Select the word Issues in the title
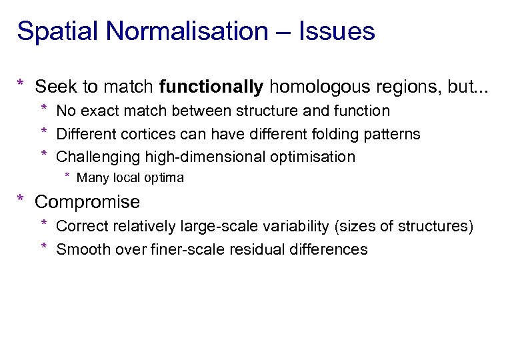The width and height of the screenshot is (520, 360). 337,31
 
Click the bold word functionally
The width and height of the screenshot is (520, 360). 211,87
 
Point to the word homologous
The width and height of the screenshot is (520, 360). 319,87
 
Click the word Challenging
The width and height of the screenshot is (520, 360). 95,157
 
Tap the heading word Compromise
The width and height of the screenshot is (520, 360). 87,202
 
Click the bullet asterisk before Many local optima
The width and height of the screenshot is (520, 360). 67,177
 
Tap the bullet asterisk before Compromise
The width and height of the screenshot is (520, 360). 21,199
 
